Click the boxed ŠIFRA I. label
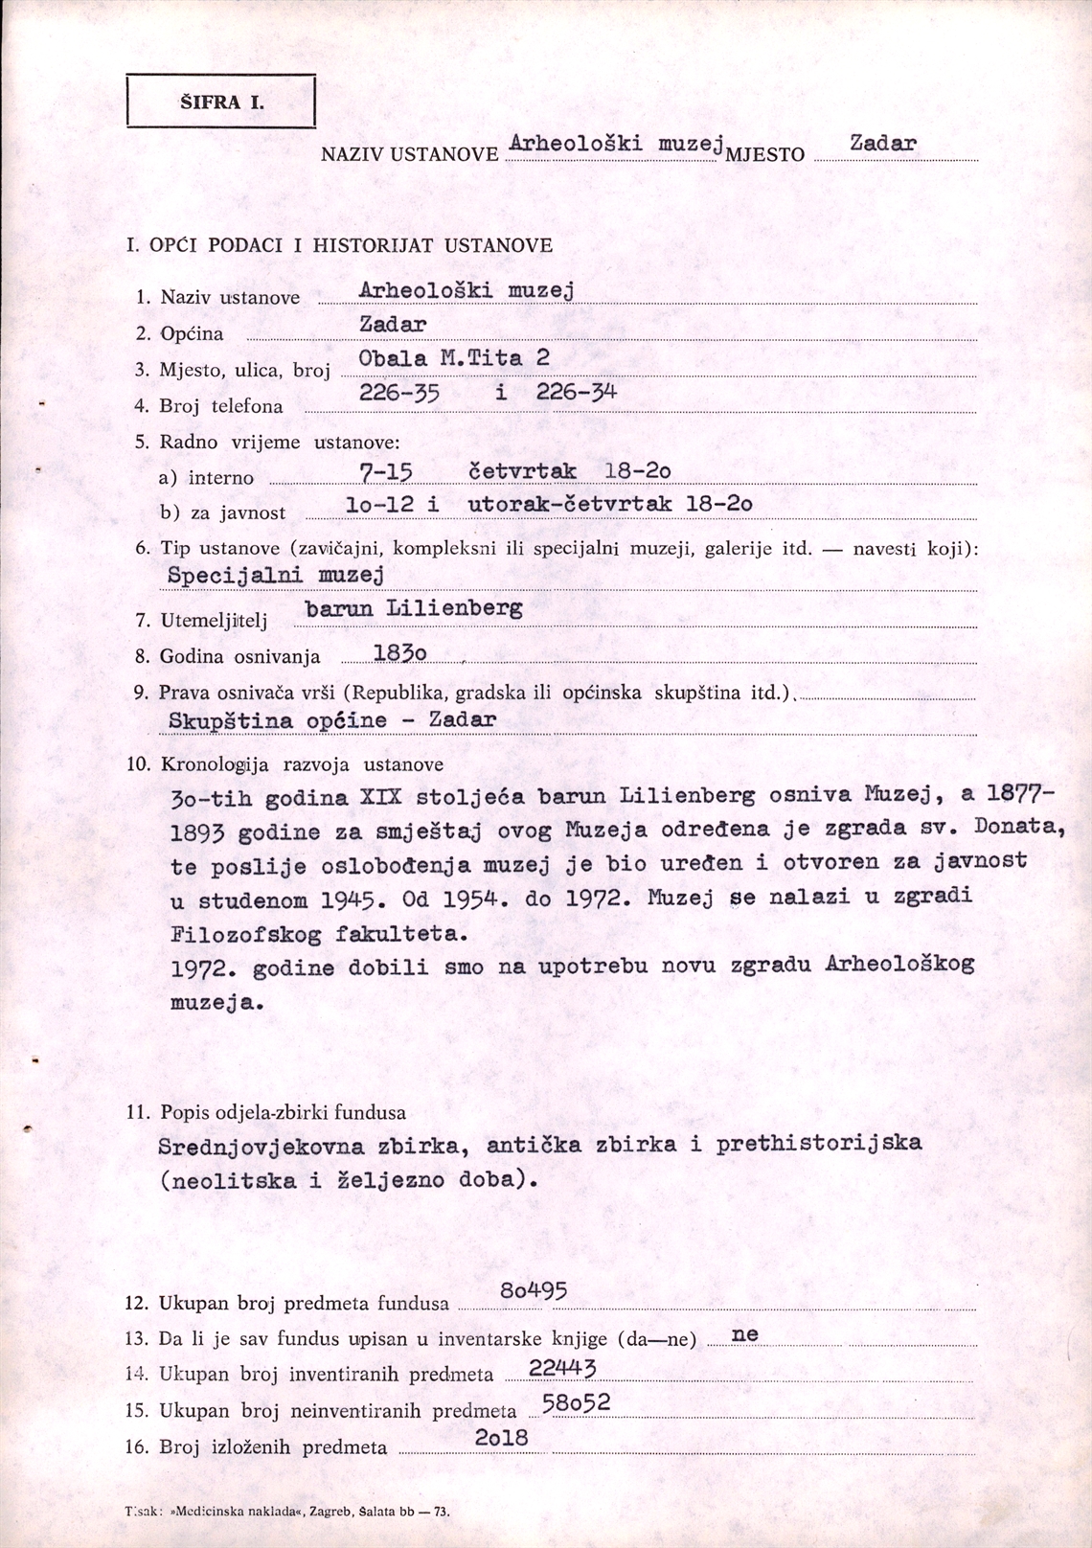(x=221, y=102)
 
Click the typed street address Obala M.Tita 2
(x=454, y=359)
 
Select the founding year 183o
(x=399, y=652)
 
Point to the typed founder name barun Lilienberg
(x=413, y=609)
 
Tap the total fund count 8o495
(x=534, y=1292)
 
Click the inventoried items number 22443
(x=562, y=1369)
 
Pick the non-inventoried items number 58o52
(x=576, y=1404)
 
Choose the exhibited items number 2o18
(x=501, y=1439)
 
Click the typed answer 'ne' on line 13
(x=744, y=1334)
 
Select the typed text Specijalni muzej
(x=275, y=576)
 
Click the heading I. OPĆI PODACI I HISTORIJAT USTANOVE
(x=339, y=245)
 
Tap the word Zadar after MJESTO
(x=882, y=145)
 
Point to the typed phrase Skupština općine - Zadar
(x=332, y=720)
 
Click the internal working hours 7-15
(x=385, y=471)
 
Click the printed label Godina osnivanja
(x=239, y=657)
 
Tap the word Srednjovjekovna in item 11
(x=261, y=1147)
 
